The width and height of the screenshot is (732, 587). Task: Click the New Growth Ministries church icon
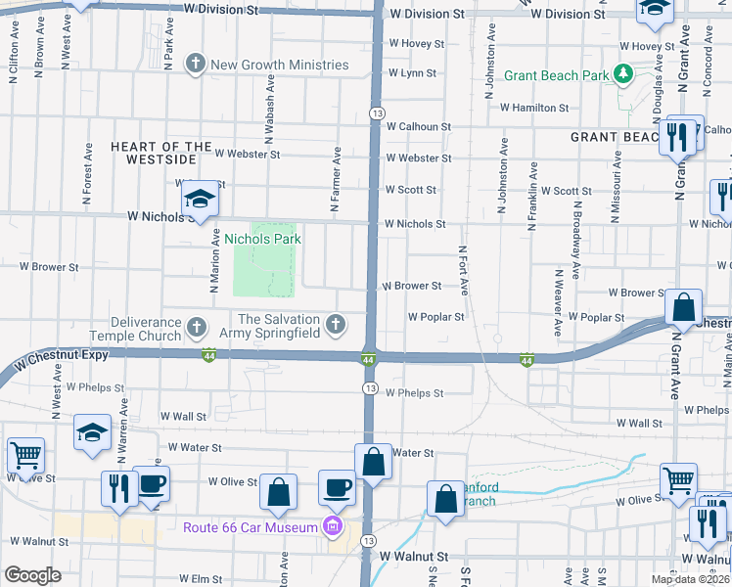(x=195, y=66)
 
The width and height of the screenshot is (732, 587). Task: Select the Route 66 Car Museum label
(x=251, y=528)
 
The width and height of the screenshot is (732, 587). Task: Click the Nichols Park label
(x=262, y=239)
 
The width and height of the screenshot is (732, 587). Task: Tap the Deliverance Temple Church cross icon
(x=196, y=325)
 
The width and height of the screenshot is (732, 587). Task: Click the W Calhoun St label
(x=418, y=127)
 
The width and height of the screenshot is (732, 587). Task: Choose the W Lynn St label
(x=412, y=73)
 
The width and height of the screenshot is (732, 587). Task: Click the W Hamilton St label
(x=534, y=108)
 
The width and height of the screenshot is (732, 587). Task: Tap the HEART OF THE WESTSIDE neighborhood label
(x=161, y=153)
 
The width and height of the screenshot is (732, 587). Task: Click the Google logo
(x=32, y=575)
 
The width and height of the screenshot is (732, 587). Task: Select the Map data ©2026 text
(x=690, y=579)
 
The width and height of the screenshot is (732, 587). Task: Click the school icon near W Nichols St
(x=200, y=202)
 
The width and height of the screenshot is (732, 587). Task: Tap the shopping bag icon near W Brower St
(x=684, y=307)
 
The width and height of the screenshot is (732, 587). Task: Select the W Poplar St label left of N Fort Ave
(x=435, y=317)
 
